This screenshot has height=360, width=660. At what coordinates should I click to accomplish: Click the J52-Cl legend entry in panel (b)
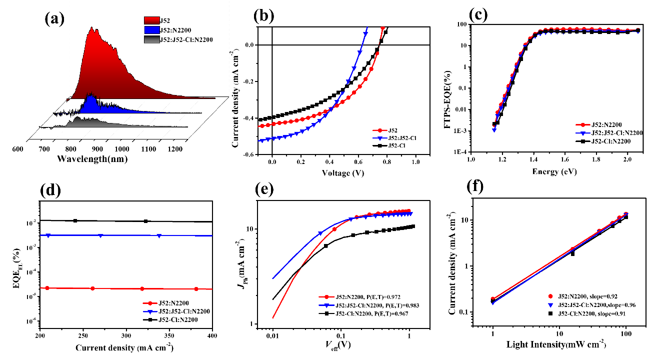[392, 144]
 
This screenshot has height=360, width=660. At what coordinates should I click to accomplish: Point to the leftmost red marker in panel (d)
[47, 288]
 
